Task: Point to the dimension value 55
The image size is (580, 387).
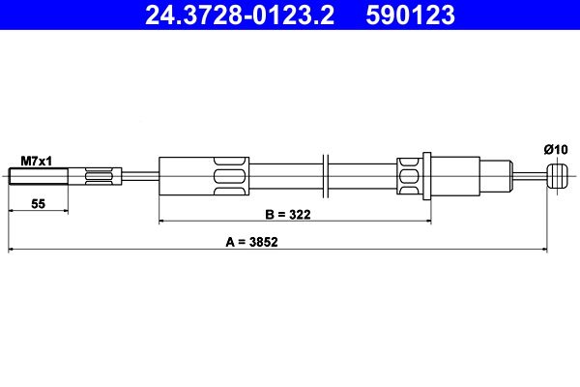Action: coord(38,203)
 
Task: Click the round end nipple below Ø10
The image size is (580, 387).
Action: coord(555,176)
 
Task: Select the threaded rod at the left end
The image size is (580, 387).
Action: coord(39,176)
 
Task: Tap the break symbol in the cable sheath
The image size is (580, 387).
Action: coord(328,176)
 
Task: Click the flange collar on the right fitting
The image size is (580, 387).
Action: coord(426,176)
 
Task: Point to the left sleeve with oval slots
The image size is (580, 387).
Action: coord(205,176)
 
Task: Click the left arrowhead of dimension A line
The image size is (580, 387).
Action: coord(12,251)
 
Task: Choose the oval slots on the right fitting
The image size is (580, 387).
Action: coord(409,176)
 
